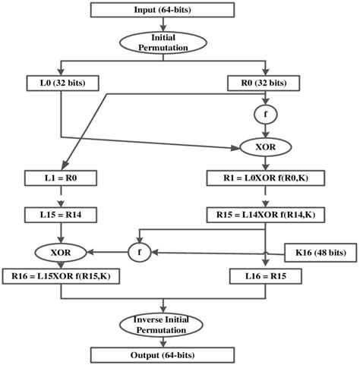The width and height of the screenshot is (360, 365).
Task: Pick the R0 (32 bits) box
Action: click(x=264, y=81)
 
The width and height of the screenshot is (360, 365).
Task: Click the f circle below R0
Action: click(x=264, y=115)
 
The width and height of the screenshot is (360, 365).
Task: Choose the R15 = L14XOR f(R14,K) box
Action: click(x=264, y=216)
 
